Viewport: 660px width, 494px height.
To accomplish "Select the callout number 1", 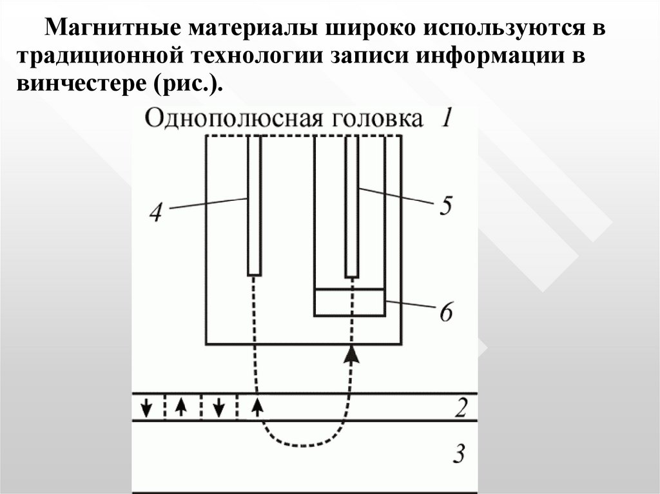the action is coord(448,118).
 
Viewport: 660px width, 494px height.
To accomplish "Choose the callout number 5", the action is coord(445,206).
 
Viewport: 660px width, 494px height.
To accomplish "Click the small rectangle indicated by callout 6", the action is coord(349,302).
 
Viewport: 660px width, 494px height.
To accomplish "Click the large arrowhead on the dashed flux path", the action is coord(351,353).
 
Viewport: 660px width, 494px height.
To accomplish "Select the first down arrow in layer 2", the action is coord(148,407).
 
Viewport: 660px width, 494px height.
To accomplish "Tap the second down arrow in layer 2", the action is coord(219,407).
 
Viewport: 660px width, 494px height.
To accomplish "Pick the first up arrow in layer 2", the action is coord(182,407).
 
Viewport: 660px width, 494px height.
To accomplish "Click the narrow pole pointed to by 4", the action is coord(255,206).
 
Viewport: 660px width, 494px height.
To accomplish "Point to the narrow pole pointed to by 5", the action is coord(351,206).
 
